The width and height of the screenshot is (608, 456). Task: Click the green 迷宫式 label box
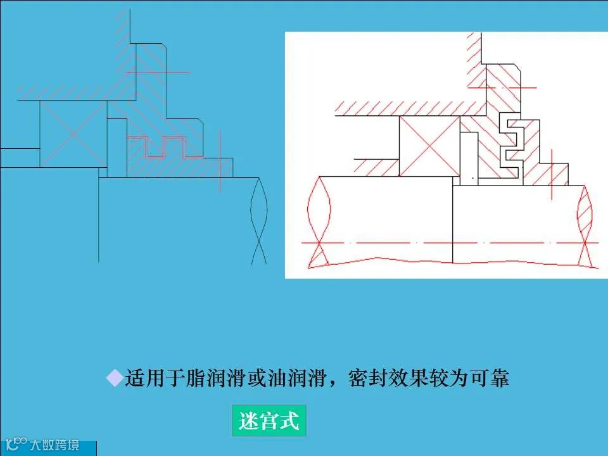pos(269,421)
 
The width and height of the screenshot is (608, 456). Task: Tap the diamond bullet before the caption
pos(114,379)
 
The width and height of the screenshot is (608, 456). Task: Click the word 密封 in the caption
pos(367,379)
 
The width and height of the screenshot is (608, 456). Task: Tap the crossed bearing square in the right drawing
pos(429,146)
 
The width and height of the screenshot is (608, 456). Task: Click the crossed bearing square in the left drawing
pos(73,134)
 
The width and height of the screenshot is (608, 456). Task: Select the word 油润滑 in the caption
pos(296,379)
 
